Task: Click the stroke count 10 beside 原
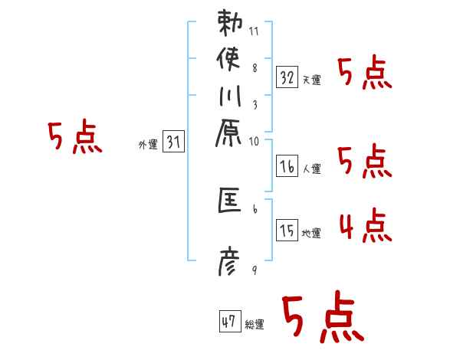point(255,141)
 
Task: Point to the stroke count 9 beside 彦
point(255,270)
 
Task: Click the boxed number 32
point(287,77)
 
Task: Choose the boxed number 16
point(287,165)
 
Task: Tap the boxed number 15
point(287,230)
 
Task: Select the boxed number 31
point(174,141)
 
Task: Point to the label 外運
point(148,144)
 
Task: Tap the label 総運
point(255,326)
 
